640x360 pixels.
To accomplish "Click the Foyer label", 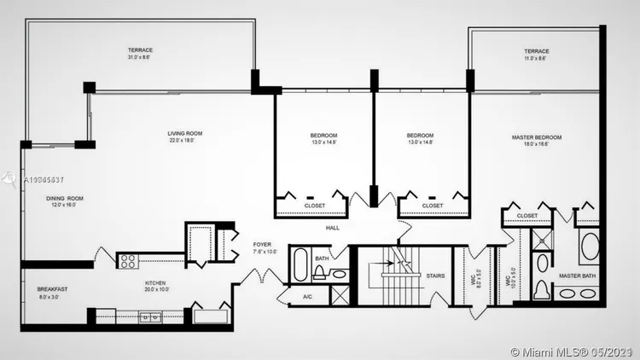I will (262, 244).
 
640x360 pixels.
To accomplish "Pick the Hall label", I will (333, 228).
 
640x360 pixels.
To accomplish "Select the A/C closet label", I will (308, 297).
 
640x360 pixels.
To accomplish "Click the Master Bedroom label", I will (536, 137).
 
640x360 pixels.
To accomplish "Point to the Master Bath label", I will (576, 276).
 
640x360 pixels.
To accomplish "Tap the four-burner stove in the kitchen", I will (129, 261).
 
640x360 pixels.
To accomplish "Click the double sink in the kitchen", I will (150, 317).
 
